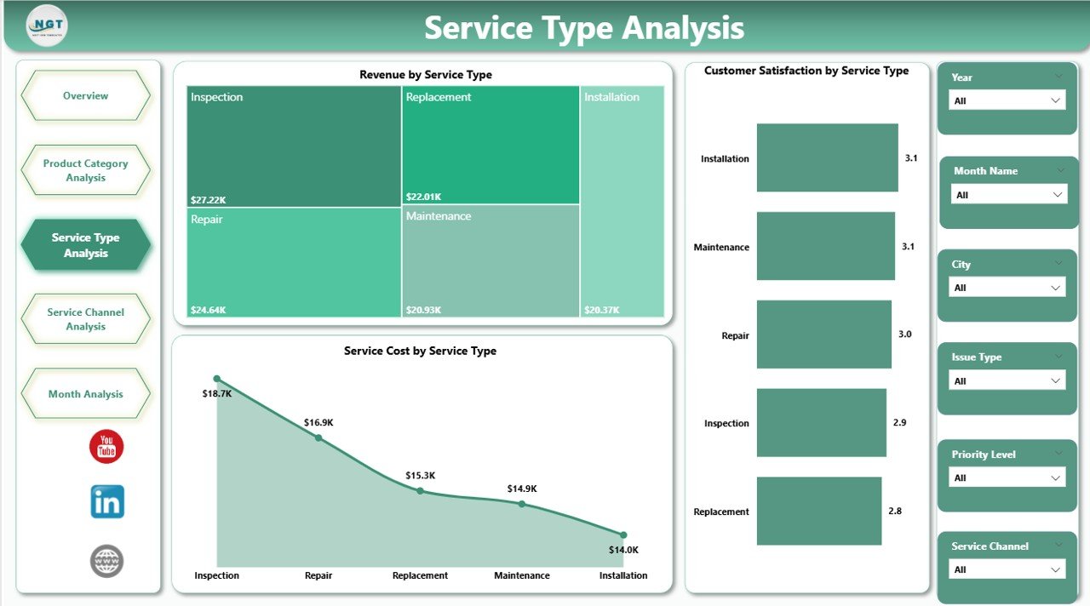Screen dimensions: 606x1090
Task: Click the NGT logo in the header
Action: tap(47, 26)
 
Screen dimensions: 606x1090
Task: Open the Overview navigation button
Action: tap(85, 96)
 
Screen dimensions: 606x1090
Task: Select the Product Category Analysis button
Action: tap(85, 170)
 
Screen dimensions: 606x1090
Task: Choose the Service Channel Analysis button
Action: tap(85, 319)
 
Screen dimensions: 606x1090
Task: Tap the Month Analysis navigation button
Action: tap(85, 394)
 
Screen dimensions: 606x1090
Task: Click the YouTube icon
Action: tap(106, 446)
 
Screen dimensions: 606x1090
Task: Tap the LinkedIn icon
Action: tap(107, 501)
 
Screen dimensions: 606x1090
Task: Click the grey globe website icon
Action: tap(106, 561)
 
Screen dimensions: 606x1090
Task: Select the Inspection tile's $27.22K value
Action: tap(209, 199)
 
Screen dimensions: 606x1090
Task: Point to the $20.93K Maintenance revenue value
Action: tap(424, 310)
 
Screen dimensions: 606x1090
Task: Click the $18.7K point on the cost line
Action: tap(216, 379)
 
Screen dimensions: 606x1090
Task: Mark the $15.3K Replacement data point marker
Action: tap(420, 491)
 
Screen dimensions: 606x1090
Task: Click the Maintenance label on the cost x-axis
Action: tap(521, 575)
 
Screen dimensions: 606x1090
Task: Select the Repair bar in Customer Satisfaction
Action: tap(823, 334)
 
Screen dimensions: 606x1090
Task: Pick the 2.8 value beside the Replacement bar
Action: tap(894, 511)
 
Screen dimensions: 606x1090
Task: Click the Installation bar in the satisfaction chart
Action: tap(827, 157)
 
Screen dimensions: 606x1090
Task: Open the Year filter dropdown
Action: tap(1007, 100)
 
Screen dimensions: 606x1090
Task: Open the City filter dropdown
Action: tap(1007, 288)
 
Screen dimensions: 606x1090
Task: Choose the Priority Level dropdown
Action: tap(1007, 477)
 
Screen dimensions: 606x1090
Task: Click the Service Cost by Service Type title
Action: tap(420, 351)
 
